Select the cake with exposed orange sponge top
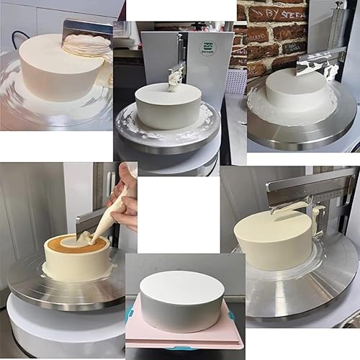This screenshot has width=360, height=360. [x=76, y=256]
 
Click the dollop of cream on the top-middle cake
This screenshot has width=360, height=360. [x=174, y=81]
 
